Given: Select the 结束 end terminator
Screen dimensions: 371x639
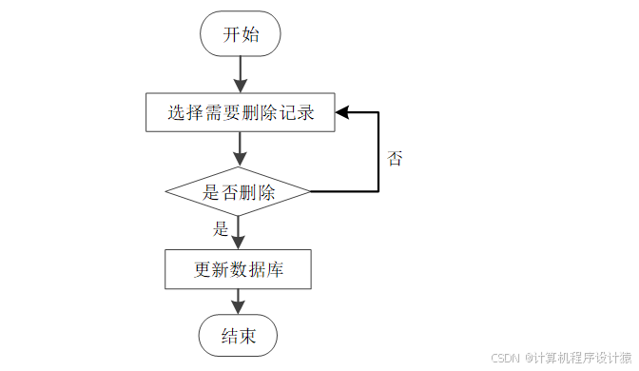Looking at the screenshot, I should pyautogui.click(x=239, y=336).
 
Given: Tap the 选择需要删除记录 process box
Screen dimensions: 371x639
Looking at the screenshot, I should pyautogui.click(x=239, y=113).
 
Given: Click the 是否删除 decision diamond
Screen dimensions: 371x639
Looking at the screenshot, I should pyautogui.click(x=239, y=192).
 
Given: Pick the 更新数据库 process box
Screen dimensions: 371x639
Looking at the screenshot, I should pyautogui.click(x=239, y=269).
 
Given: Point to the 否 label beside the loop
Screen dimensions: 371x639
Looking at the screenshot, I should pyautogui.click(x=395, y=159).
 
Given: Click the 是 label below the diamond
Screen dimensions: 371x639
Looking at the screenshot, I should pyautogui.click(x=221, y=228).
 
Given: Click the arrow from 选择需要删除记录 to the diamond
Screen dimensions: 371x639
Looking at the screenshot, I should pyautogui.click(x=239, y=148).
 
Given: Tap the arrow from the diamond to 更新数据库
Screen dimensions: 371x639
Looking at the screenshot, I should pyautogui.click(x=239, y=232).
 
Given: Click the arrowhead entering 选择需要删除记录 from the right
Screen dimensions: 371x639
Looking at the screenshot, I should pyautogui.click(x=341, y=113).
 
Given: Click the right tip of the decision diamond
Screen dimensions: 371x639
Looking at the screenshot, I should pyautogui.click(x=311, y=192).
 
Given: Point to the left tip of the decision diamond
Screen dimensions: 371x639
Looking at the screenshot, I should pyautogui.click(x=166, y=192).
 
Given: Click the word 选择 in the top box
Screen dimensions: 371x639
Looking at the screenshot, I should pyautogui.click(x=183, y=113).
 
